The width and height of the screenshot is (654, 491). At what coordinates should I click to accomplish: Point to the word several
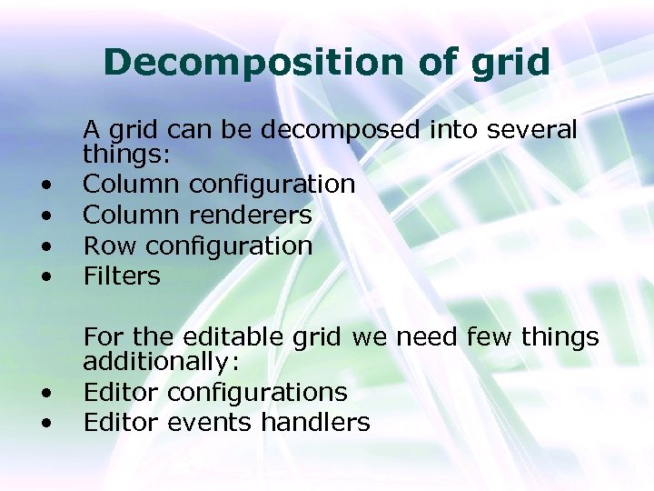click(532, 130)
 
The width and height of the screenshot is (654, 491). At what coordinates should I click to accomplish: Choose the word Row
click(110, 245)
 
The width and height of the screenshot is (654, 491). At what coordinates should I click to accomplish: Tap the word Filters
click(122, 275)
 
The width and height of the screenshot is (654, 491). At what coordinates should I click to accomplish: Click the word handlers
click(315, 422)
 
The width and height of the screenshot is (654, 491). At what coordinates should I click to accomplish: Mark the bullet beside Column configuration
click(45, 186)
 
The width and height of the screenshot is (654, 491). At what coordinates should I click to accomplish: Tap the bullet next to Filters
click(45, 276)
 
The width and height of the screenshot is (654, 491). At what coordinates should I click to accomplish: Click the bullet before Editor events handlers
click(45, 424)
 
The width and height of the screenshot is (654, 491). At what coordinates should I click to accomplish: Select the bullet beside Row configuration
click(45, 246)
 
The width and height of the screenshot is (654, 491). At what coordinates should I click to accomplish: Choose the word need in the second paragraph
click(426, 337)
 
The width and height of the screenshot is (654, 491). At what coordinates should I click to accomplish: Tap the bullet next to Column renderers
click(45, 216)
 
